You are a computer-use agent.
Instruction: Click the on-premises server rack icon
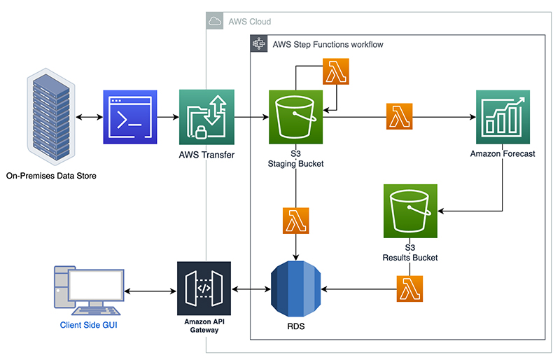coord(51,116)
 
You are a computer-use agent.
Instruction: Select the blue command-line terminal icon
coord(130,117)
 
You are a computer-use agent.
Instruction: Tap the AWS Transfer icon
coord(206,117)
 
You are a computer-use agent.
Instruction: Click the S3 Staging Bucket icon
coord(295,117)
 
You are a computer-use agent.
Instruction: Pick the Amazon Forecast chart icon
coord(503,117)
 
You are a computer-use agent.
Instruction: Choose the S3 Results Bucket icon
coord(410,211)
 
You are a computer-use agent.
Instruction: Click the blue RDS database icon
coord(295,289)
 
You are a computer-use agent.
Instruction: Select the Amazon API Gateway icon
coord(204,289)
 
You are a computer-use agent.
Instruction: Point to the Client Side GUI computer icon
coord(89,291)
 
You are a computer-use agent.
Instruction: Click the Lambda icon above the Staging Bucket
coord(336,71)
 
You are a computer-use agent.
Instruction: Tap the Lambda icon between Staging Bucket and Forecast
coord(399,116)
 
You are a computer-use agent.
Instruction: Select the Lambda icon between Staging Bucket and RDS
coord(295,221)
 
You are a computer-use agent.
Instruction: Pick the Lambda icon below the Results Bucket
coord(409,289)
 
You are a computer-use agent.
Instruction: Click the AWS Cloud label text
coord(250,22)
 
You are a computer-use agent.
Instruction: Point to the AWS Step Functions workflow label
coord(328,44)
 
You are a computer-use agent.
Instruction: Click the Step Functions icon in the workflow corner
coord(259,43)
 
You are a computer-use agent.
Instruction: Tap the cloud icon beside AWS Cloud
coord(215,21)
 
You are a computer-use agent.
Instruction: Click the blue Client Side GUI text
coord(89,325)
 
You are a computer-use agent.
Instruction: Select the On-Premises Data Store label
coord(51,176)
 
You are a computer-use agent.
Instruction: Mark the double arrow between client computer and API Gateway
coord(150,291)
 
